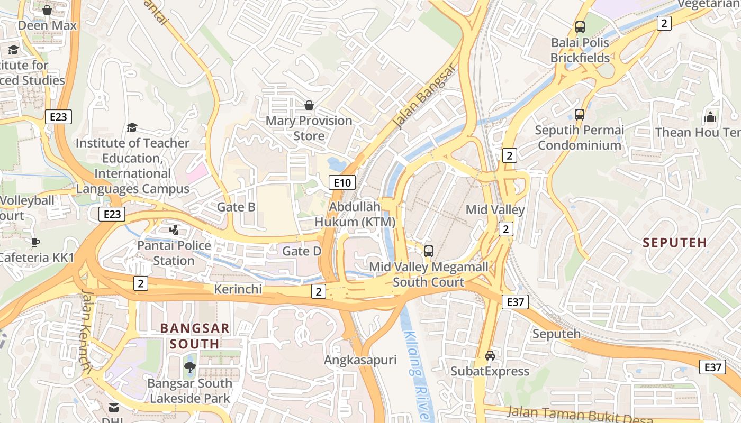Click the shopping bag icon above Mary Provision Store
point(309,106)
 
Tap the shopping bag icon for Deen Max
point(47,10)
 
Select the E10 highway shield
point(341,183)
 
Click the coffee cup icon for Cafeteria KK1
point(35,243)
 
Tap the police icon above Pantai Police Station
point(174,230)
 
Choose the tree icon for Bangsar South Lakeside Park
point(189,367)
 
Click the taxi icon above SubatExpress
point(490,356)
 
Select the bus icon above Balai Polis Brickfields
point(580,26)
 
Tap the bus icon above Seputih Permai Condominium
point(580,114)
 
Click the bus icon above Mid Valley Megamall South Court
point(429,251)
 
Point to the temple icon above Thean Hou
point(710,116)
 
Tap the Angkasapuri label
point(360,361)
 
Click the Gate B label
point(236,207)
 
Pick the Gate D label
point(302,251)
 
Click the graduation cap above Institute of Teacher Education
point(132,127)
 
